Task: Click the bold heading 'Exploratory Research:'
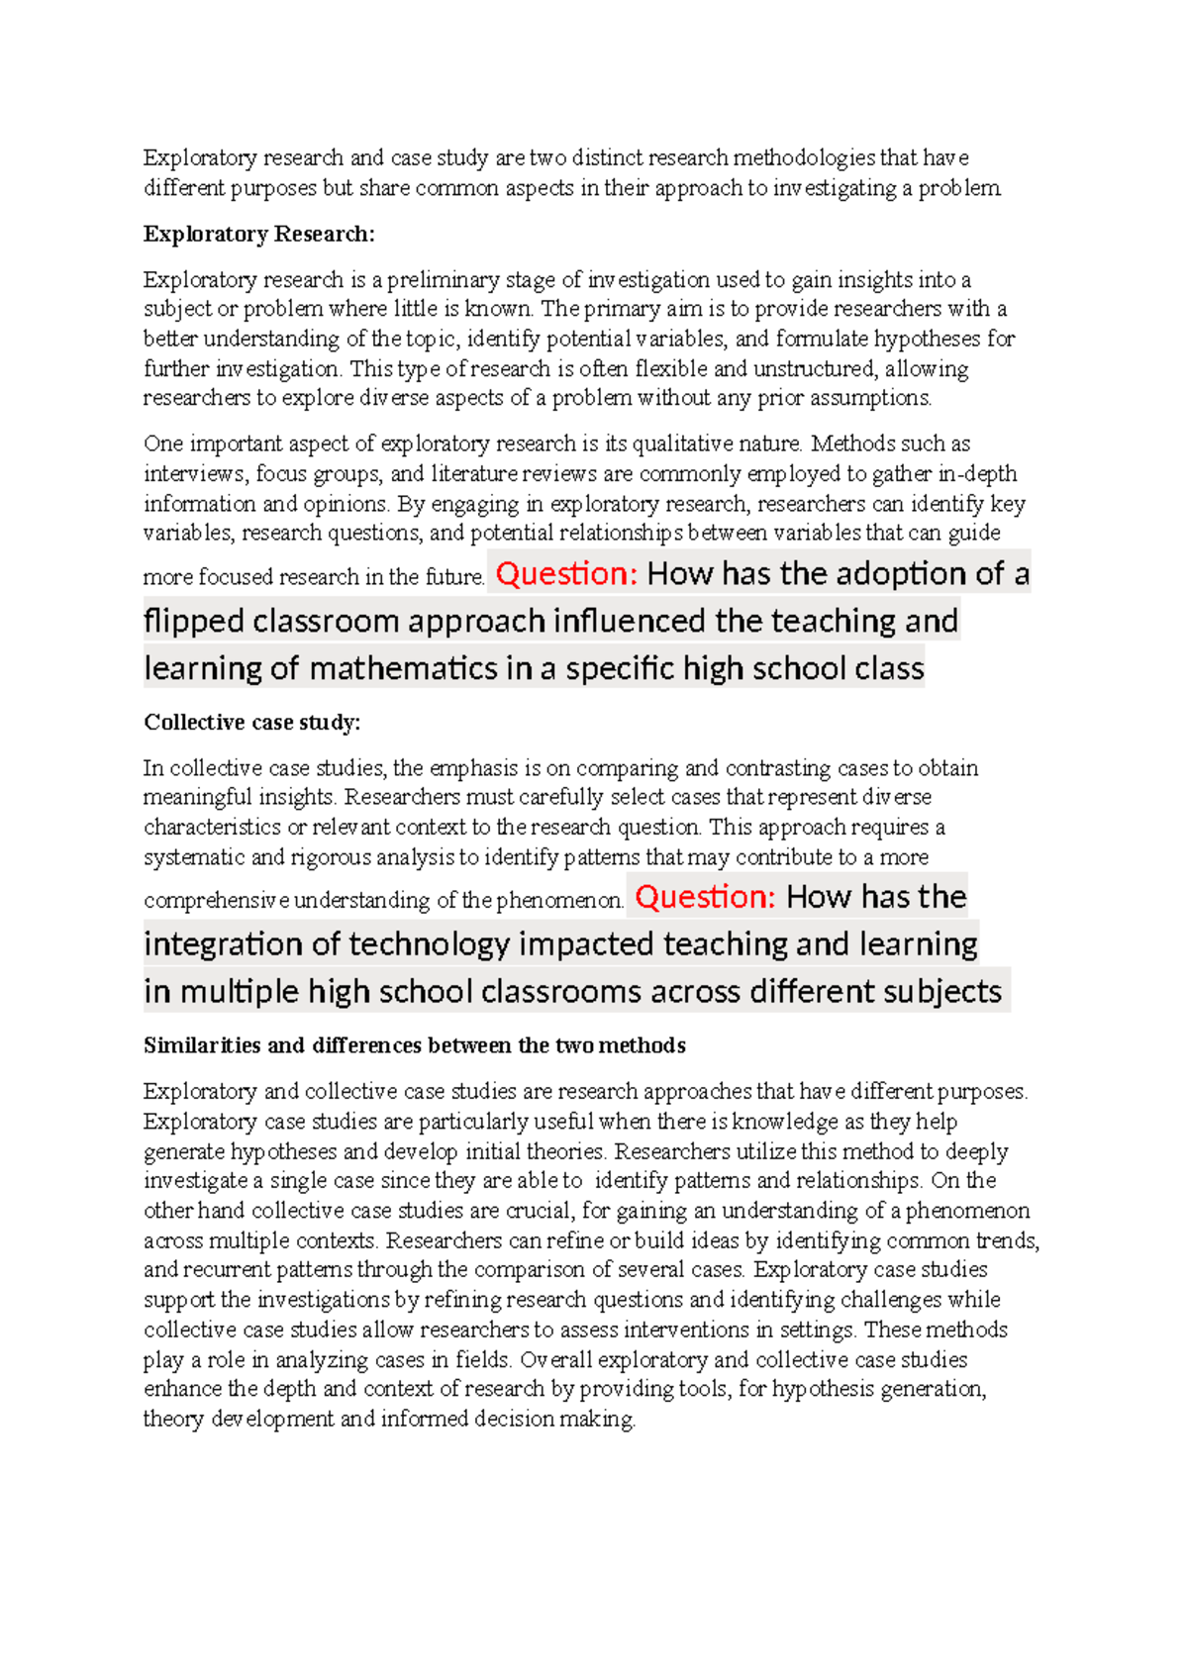pos(259,235)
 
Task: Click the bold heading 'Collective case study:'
pos(252,723)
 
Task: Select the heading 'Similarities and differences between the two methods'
pos(414,1045)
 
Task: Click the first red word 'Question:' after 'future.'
pos(566,573)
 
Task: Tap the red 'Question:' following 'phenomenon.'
pos(705,896)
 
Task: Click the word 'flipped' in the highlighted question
pos(194,621)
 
